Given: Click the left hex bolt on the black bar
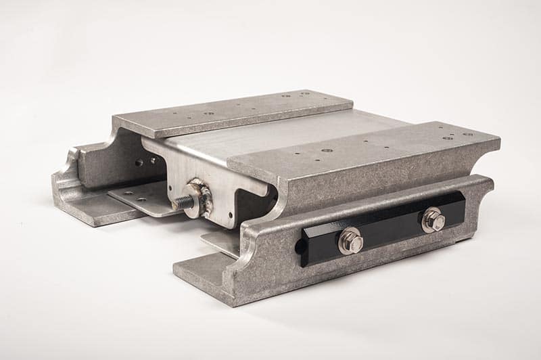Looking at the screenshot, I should point(350,241).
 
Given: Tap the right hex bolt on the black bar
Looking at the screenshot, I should point(433,220).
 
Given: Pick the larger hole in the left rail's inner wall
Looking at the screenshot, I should point(138,162).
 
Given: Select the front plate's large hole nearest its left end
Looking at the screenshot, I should point(327,150).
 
